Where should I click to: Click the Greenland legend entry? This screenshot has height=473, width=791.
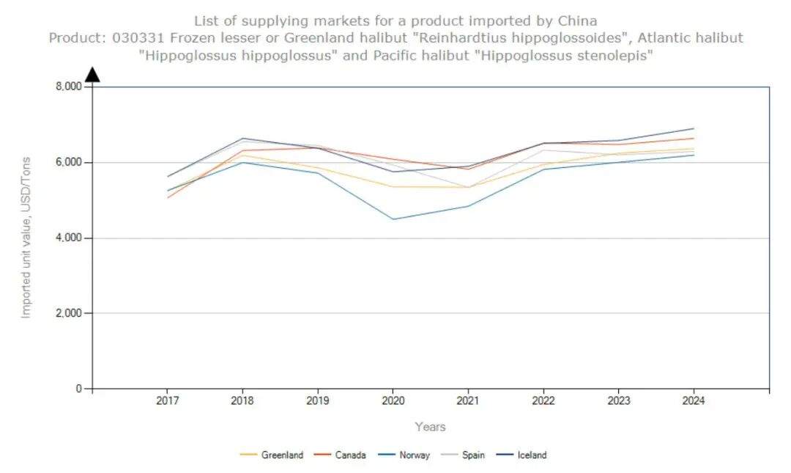272,455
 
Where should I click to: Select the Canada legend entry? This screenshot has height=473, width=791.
341,455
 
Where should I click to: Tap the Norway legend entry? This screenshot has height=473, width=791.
404,455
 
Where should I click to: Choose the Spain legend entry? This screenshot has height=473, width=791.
464,455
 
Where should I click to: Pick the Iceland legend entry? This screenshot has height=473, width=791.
521,455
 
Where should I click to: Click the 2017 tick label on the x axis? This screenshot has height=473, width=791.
167,402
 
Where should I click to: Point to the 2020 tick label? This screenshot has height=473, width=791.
393,402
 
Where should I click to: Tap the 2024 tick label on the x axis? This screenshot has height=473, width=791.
694,402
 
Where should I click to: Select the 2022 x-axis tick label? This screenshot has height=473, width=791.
543,402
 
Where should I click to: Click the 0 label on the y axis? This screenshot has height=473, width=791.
78,389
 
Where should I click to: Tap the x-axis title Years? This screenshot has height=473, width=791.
430,427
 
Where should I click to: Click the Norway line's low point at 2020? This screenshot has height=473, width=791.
393,219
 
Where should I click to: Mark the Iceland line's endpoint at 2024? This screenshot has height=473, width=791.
694,128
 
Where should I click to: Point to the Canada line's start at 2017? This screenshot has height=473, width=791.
167,197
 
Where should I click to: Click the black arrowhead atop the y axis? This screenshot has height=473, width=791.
92,74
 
